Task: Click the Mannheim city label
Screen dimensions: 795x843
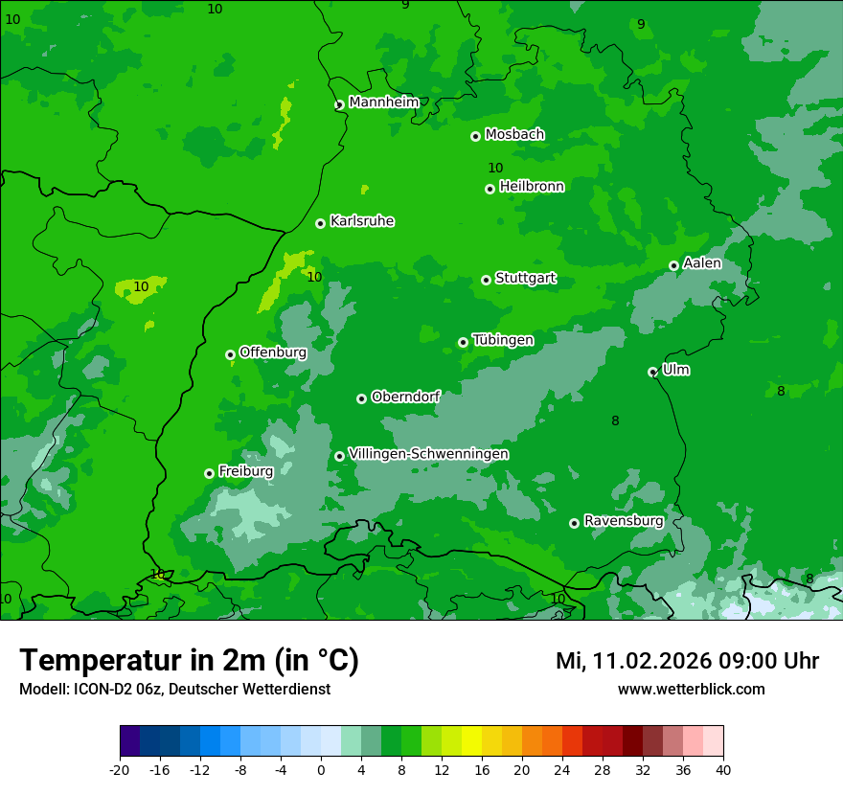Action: pyautogui.click(x=383, y=102)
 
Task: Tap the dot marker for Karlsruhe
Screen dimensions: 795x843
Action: pyautogui.click(x=320, y=223)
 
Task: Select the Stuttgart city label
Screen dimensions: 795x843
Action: pyautogui.click(x=525, y=279)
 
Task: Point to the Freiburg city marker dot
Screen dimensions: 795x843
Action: pyautogui.click(x=209, y=473)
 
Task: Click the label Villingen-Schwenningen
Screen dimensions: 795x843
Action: pyautogui.click(x=428, y=454)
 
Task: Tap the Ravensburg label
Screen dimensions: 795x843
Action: pyautogui.click(x=623, y=521)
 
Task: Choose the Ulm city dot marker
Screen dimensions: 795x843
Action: pyautogui.click(x=652, y=372)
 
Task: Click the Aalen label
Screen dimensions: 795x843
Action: pyautogui.click(x=701, y=263)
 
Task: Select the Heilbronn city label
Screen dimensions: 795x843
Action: pyautogui.click(x=532, y=187)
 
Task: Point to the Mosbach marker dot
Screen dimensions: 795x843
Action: pyautogui.click(x=475, y=136)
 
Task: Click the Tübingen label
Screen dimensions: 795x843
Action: pyautogui.click(x=503, y=340)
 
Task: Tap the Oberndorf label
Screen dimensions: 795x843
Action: pyautogui.click(x=405, y=397)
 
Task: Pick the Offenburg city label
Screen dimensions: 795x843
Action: pyautogui.click(x=273, y=352)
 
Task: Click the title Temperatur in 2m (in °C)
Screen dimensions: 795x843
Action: pyautogui.click(x=189, y=660)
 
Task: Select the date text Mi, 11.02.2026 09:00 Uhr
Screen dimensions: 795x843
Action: pyautogui.click(x=687, y=661)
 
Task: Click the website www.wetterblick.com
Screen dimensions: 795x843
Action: pyautogui.click(x=691, y=689)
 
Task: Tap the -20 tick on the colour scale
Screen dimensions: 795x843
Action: pyautogui.click(x=120, y=769)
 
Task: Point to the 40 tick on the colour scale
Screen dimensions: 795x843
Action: pyautogui.click(x=723, y=769)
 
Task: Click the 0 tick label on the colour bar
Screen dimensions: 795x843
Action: pyautogui.click(x=321, y=769)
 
